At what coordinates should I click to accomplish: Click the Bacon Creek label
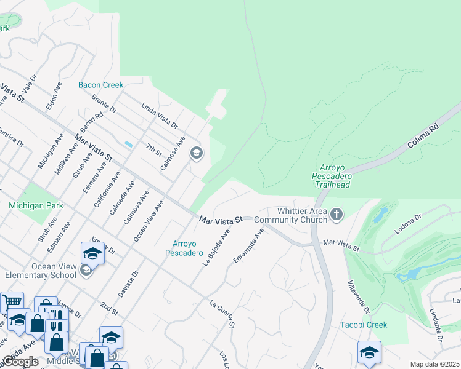click(100, 85)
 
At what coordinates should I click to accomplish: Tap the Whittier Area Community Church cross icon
click(336, 214)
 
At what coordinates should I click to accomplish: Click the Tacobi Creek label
click(364, 325)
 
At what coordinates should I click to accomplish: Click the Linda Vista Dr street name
click(160, 116)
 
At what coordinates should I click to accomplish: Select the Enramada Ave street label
click(248, 246)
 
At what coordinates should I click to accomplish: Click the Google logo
click(20, 362)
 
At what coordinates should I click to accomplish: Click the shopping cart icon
click(12, 302)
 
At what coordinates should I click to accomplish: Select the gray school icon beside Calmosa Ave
click(197, 153)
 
